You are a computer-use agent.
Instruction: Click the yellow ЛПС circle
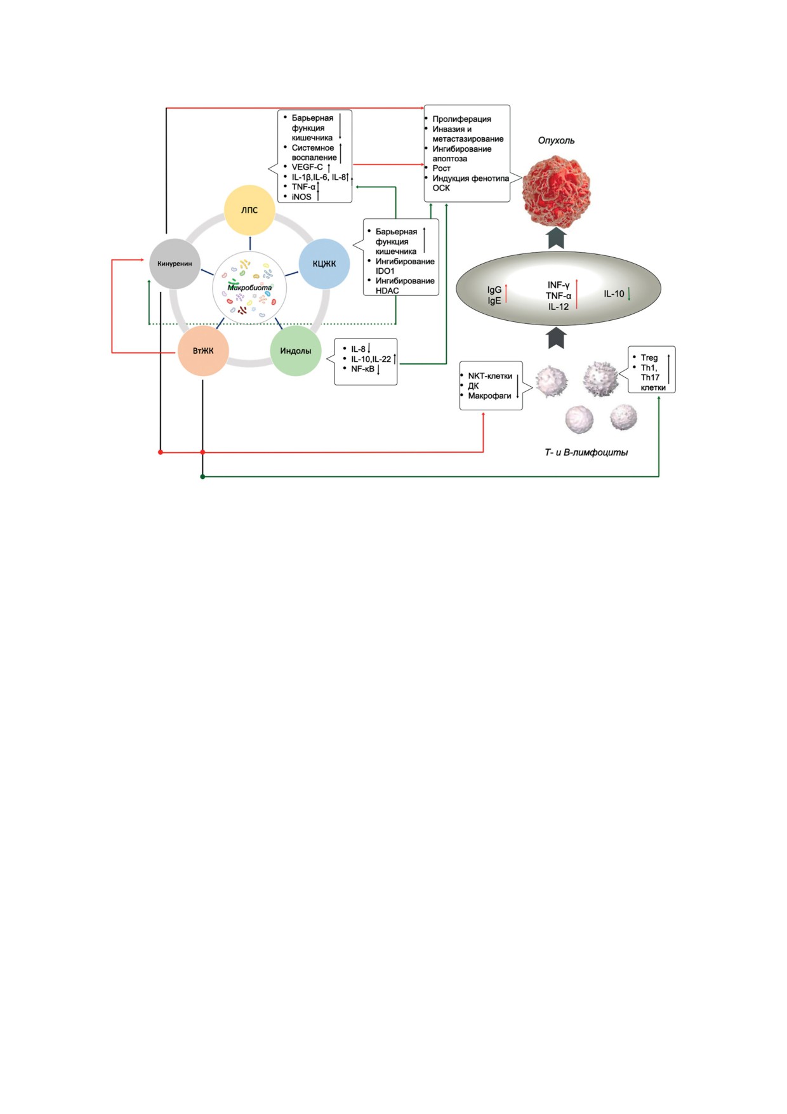[249, 210]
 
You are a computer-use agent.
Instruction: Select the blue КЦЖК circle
[324, 264]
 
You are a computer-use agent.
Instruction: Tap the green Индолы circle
[296, 351]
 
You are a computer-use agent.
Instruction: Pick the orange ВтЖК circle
[203, 351]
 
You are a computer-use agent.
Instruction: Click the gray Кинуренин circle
[175, 264]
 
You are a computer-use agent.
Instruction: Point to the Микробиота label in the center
[249, 288]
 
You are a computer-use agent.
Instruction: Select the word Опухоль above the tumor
[556, 140]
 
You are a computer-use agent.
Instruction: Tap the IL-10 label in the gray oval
[614, 293]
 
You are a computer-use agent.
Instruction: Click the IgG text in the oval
[494, 290]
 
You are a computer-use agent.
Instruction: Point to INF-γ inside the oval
[559, 285]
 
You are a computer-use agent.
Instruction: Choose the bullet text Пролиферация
[461, 119]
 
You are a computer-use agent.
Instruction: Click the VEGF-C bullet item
[307, 167]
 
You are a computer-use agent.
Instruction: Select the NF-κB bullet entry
[362, 368]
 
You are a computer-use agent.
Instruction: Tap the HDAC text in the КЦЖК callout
[387, 290]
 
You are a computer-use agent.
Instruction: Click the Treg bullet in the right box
[649, 358]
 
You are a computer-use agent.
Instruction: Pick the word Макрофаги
[489, 396]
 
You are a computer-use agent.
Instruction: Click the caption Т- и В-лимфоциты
[586, 452]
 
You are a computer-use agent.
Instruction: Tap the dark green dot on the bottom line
[202, 476]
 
